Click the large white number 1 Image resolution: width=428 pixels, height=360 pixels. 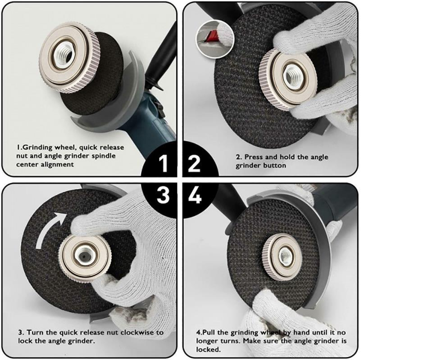tap(164, 163)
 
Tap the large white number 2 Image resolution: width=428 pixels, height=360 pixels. tap(194, 163)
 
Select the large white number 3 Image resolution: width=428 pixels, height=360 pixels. tap(163, 195)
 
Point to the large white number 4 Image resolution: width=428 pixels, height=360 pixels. tap(195, 195)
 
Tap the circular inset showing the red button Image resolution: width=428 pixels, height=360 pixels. tap(215, 39)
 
